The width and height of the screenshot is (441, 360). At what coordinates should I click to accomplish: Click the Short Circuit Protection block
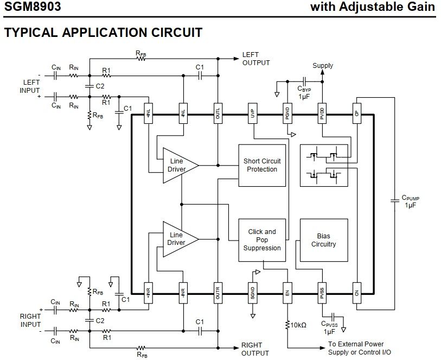click(262, 165)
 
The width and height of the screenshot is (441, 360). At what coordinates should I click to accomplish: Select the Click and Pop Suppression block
click(262, 240)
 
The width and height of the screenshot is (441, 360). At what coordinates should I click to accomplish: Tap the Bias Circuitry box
click(323, 241)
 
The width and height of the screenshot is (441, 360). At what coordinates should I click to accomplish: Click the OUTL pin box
click(218, 114)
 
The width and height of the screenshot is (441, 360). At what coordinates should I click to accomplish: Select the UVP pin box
click(252, 114)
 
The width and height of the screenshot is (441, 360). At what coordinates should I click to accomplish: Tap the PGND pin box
click(287, 114)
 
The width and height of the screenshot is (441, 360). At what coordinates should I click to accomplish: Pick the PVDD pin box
click(322, 114)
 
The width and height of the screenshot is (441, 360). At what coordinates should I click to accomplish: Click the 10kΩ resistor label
click(298, 325)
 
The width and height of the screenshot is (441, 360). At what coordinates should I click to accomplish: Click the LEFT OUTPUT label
click(256, 59)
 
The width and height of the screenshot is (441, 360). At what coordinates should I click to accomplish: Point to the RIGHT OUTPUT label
click(255, 349)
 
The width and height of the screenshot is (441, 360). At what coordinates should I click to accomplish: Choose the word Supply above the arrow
click(323, 66)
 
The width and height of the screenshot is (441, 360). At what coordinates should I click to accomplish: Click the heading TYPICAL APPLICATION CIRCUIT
click(103, 33)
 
